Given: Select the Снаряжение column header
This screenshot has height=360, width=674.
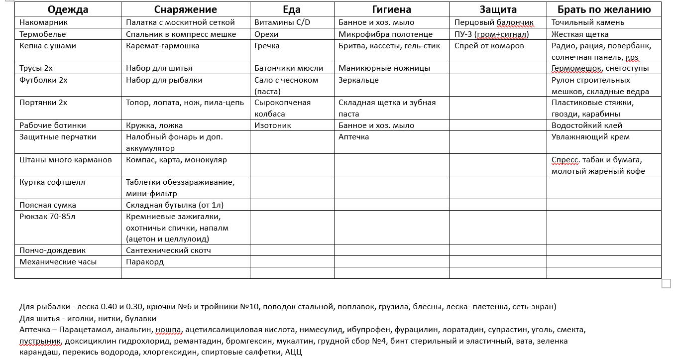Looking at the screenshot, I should (x=185, y=9).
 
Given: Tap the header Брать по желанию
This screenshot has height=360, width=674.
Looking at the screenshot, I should (x=604, y=9).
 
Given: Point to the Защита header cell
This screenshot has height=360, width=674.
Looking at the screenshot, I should (x=498, y=9).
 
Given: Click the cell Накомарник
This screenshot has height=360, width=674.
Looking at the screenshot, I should (x=44, y=22).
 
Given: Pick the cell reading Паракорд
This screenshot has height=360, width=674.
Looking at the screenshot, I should (x=145, y=262).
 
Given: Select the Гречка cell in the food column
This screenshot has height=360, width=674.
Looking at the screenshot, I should (x=267, y=46).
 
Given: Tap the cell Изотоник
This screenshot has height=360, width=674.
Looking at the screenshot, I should (x=273, y=125).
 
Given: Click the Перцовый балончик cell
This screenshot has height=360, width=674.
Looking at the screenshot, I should (x=494, y=22).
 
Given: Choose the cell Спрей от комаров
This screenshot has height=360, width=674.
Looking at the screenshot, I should (x=489, y=46).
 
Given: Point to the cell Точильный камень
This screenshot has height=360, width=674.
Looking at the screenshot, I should (x=588, y=22).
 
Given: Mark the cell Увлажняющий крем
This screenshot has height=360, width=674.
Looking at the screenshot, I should (x=590, y=137).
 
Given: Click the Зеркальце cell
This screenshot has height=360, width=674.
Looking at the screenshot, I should (x=358, y=80).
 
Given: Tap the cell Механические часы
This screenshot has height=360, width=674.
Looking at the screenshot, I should (x=58, y=262).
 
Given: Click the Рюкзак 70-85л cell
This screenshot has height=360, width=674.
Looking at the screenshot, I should (x=47, y=217).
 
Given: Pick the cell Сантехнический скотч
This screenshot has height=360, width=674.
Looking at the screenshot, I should (x=168, y=250).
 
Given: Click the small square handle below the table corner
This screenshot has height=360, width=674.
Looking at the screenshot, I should (x=666, y=284).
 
